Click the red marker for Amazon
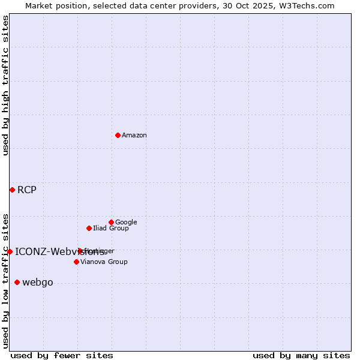click(x=118, y=135)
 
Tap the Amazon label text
click(x=134, y=136)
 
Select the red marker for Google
click(x=111, y=222)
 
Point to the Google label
click(x=126, y=223)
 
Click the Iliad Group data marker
click(x=89, y=228)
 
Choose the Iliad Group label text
click(x=111, y=229)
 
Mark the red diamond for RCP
click(x=12, y=190)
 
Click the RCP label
click(x=27, y=190)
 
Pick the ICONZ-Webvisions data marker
click(x=10, y=251)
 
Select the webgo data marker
click(x=17, y=282)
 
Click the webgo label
click(x=38, y=283)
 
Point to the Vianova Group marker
click(x=76, y=262)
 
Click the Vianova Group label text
click(x=104, y=262)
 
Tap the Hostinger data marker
click(x=80, y=251)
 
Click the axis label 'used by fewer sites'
click(x=62, y=355)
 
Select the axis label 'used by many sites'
click(x=301, y=355)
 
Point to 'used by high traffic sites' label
click(x=6, y=85)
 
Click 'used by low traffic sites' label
click(x=6, y=280)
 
